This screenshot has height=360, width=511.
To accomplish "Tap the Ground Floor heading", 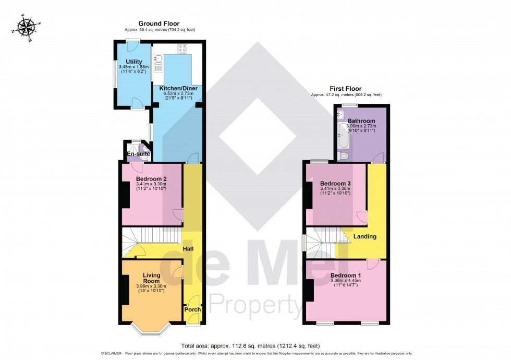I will (159, 23).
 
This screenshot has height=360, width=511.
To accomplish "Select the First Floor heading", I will (345, 89).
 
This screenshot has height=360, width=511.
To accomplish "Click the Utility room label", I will (133, 62).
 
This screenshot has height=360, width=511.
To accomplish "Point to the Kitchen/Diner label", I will (178, 89).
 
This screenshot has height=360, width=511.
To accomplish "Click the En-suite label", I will (139, 154).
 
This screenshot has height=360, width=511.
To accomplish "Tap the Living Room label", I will (151, 278).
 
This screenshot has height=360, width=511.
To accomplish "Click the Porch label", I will (192, 309).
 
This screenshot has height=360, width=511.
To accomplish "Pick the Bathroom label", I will (361, 121).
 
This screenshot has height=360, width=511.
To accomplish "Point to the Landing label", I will (365, 236).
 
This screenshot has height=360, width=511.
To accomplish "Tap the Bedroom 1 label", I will (346, 275).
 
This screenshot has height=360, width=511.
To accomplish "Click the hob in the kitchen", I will (183, 49).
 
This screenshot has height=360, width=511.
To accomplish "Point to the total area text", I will (250, 345).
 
